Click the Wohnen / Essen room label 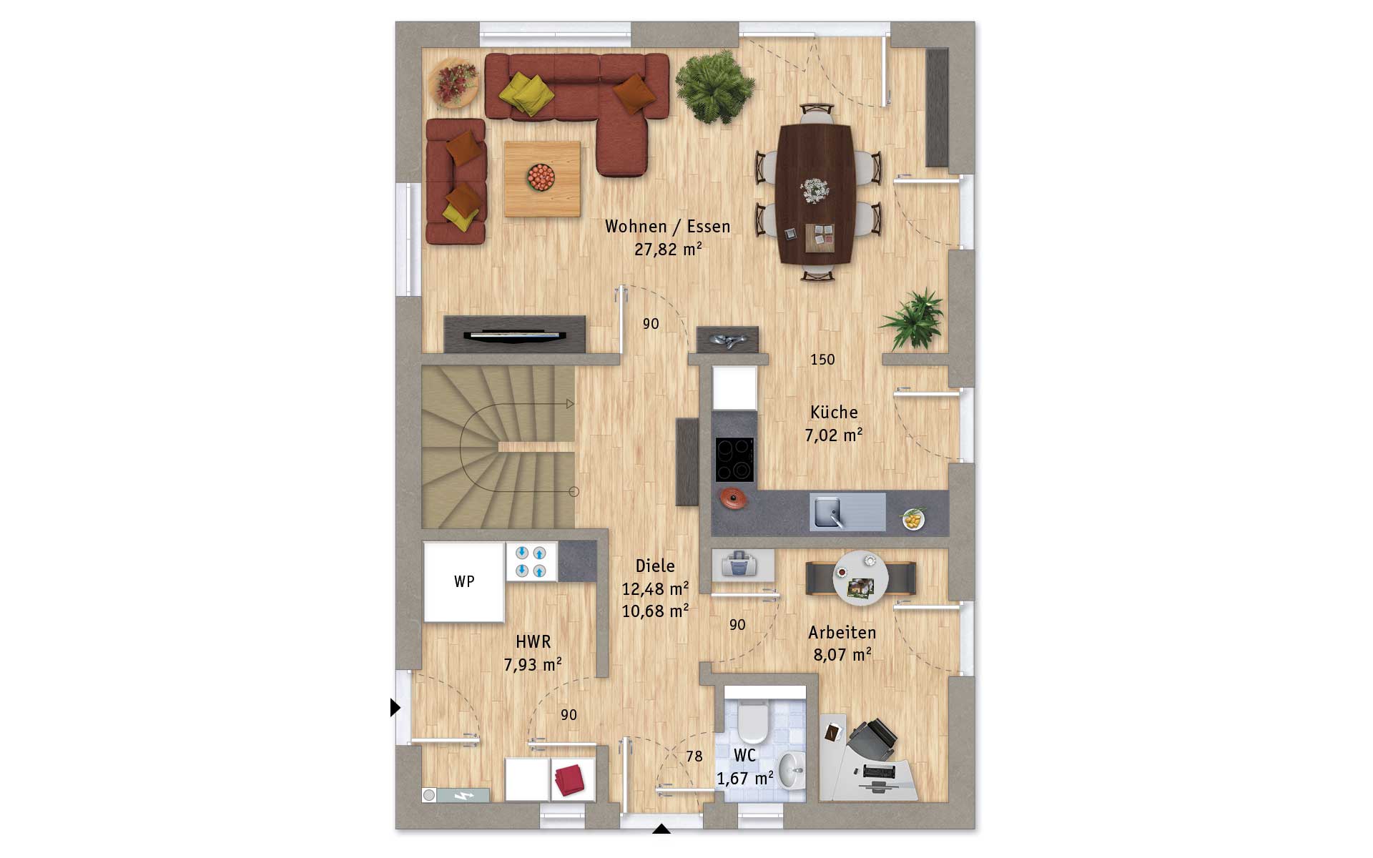pos(668,227)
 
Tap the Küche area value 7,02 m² pos(834,435)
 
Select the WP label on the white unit pos(464,582)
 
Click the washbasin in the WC pos(791,771)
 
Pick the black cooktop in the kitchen pos(734,460)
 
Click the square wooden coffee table pos(542,179)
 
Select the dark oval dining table pos(815,194)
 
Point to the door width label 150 pos(822,360)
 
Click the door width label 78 pos(694,756)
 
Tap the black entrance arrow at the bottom pos(661,829)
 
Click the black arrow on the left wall pos(395,707)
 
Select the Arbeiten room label pos(842,633)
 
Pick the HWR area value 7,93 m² pos(533,664)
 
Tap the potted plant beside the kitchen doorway pos(912,319)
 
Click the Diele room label pos(655,566)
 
